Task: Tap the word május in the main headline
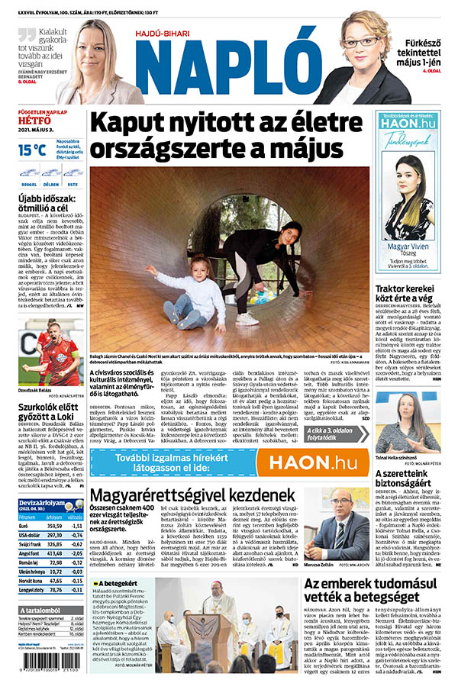pos(305,147)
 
